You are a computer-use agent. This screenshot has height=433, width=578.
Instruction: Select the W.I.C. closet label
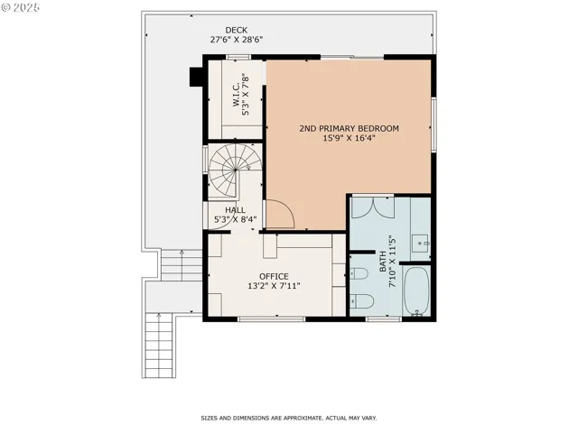coord(234,95)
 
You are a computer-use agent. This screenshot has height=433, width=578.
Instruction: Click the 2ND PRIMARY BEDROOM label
coord(349,129)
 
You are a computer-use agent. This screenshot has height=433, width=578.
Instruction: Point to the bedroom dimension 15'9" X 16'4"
coord(349,140)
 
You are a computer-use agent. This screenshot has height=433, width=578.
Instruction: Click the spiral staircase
coord(231,169)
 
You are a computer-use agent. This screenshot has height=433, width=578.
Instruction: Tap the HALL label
coord(235,209)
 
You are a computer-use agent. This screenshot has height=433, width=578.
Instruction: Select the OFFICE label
coord(274,276)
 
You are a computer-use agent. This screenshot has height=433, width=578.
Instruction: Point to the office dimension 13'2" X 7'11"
coord(274,286)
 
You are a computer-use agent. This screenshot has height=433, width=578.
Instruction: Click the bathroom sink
coord(422,242)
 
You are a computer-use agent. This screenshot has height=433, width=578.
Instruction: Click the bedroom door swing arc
coord(281,214)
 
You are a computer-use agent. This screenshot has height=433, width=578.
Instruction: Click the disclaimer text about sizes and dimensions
coord(288,418)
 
